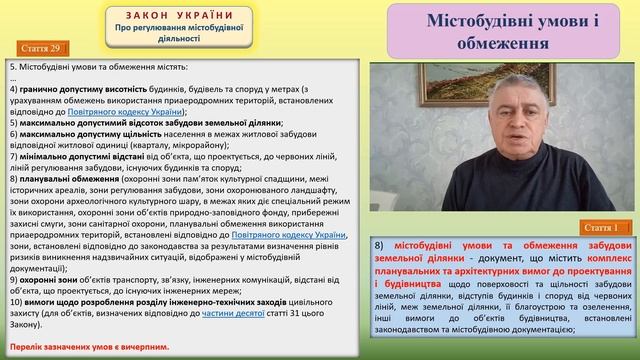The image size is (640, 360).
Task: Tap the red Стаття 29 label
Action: tap(42, 49)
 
